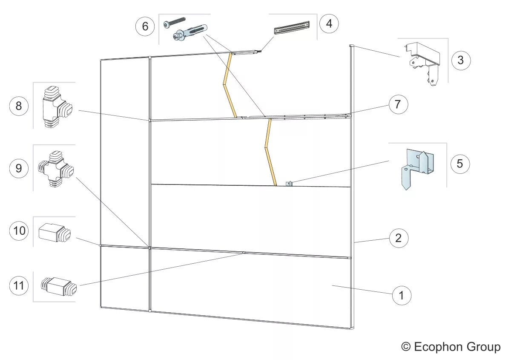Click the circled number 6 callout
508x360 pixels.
(x=145, y=26)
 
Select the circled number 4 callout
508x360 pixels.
(x=329, y=23)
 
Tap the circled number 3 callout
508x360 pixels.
(x=460, y=60)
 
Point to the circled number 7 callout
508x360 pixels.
(x=398, y=104)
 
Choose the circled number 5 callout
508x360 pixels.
(x=459, y=163)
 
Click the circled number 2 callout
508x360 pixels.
(x=398, y=238)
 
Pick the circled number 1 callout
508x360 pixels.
(x=401, y=294)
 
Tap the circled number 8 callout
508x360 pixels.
(x=19, y=106)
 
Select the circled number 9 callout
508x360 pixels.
(x=19, y=168)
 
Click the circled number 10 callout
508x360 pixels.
(x=19, y=231)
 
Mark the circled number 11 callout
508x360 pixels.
(x=19, y=285)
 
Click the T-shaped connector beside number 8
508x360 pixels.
(x=56, y=107)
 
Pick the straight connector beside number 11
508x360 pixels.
(x=59, y=286)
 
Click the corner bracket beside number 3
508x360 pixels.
(x=422, y=62)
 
